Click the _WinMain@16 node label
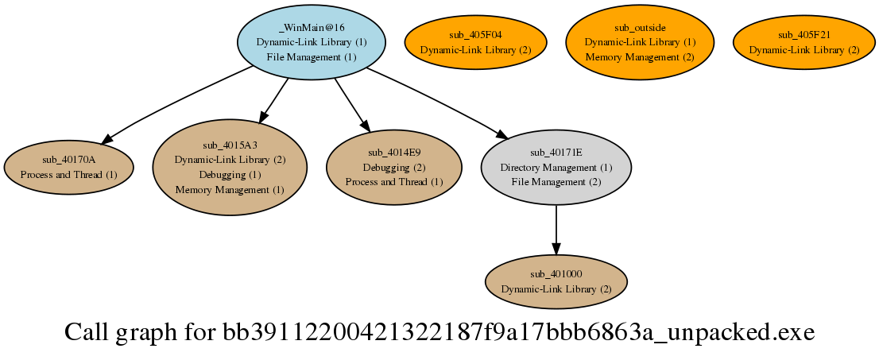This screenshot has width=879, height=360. (x=311, y=27)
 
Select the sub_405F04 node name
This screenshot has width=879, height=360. (x=475, y=35)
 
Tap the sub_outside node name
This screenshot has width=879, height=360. (x=640, y=27)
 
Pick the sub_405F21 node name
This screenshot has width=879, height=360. (x=803, y=35)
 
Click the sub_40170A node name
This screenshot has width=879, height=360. (x=68, y=159)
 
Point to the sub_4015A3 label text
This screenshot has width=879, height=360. (x=230, y=145)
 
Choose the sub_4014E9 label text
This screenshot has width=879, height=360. (x=394, y=152)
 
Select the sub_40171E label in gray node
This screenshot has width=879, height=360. (x=556, y=152)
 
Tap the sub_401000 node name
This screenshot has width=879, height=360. (x=556, y=274)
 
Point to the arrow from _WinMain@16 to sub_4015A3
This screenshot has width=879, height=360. (x=273, y=101)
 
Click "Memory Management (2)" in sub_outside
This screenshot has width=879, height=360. (x=640, y=57)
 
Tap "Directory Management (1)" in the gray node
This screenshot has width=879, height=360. (x=556, y=167)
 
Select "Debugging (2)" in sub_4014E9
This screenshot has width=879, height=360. (x=394, y=167)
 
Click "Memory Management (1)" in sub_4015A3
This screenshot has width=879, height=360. (x=230, y=190)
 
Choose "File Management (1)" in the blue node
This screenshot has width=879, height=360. (x=311, y=57)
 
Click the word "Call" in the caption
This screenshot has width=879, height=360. (x=87, y=332)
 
